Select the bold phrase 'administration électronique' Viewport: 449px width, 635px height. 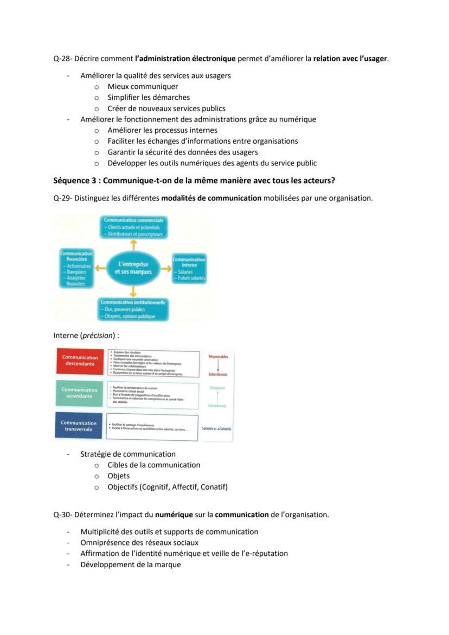[185, 59]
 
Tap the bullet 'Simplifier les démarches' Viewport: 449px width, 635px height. [148, 98]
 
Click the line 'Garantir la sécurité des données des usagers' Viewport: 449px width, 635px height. [182, 152]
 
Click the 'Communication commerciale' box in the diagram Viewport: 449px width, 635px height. [133, 227]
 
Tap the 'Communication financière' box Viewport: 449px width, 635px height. [76, 268]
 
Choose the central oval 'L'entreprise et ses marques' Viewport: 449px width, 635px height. [133, 268]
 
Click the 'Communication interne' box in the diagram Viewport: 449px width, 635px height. [189, 268]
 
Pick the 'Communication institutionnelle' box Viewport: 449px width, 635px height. [133, 309]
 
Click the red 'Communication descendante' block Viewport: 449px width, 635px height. [80, 361]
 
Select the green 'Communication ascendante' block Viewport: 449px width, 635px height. [80, 393]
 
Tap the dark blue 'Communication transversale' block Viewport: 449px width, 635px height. [79, 426]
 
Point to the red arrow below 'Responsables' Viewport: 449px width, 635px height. [218, 365]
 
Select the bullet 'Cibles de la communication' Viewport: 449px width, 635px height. [153, 465]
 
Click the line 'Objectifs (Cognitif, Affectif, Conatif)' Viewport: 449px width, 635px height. [167, 487]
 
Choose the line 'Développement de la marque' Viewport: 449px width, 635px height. [130, 565]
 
